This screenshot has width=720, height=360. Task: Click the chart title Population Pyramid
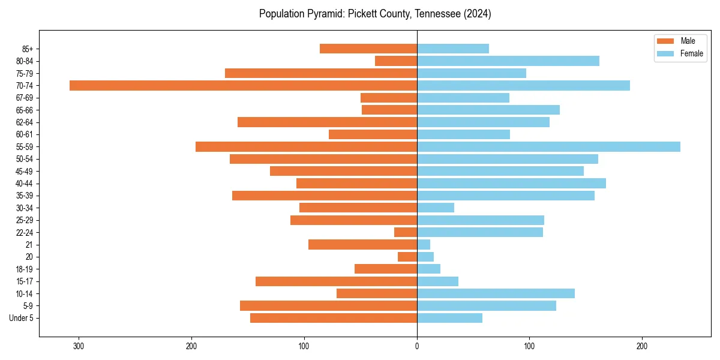[375, 14]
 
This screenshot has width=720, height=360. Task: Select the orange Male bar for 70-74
[243, 85]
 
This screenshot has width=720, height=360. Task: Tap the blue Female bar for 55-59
[548, 146]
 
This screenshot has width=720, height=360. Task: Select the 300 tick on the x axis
[79, 346]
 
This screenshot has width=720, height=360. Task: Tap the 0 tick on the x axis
[417, 346]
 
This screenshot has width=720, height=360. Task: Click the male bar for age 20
[407, 257]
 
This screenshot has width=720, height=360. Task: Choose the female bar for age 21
[424, 244]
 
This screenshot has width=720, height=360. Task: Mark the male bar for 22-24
[406, 232]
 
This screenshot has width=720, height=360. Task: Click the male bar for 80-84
[396, 61]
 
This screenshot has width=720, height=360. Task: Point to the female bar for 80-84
[508, 61]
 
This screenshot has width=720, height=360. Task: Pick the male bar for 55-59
[306, 146]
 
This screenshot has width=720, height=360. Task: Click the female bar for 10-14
[496, 293]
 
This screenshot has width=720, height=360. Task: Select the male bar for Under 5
[334, 318]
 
